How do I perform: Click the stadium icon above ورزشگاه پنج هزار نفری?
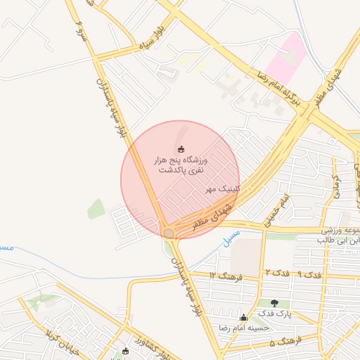(x=181, y=148)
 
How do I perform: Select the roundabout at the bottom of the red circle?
(x=169, y=232)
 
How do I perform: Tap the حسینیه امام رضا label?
(x=243, y=328)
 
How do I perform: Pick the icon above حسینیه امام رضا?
(x=243, y=317)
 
